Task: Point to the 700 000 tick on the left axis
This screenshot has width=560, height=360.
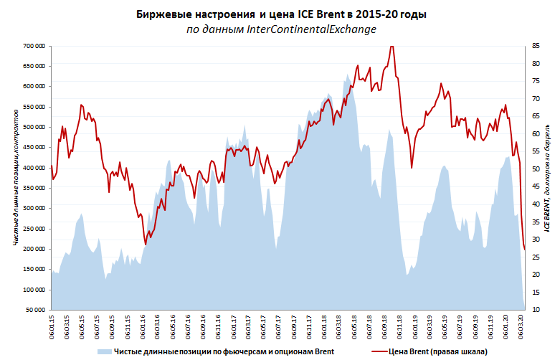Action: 33,46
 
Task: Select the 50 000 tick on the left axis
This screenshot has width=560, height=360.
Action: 35,311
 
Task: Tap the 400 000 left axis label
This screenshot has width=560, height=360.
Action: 33,168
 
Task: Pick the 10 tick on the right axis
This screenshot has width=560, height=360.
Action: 536,311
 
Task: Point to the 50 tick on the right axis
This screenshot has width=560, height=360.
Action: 536,169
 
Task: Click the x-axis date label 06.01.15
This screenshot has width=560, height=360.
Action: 52,326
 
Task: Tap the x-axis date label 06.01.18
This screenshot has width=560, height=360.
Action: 323,326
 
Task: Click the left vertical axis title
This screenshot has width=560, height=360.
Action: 15,178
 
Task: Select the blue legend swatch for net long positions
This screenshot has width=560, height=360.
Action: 103,351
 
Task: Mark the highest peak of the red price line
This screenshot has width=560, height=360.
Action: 391,47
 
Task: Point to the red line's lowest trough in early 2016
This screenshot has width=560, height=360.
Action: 146,245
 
